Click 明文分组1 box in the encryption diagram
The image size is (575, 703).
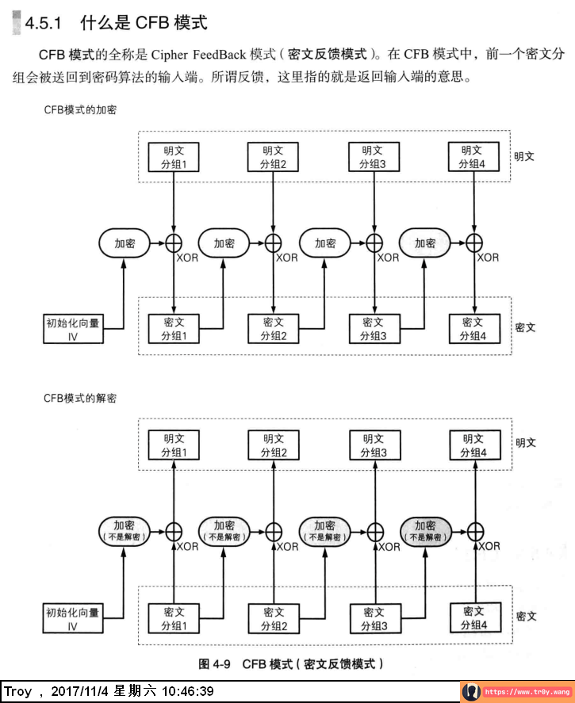pos(173,157)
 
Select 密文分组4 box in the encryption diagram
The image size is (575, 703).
pos(473,329)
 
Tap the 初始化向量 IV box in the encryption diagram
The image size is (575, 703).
pos(72,329)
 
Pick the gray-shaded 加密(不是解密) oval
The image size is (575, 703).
pos(424,530)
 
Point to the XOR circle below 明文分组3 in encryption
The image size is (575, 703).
pos(373,243)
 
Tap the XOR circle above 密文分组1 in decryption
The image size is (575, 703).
pos(173,531)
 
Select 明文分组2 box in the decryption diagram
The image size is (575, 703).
pos(273,445)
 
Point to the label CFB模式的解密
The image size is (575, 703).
pos(80,399)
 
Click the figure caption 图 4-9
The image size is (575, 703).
pos(214,664)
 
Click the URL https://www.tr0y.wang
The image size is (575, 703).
pos(527,692)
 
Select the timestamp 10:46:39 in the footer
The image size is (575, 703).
pos(187,692)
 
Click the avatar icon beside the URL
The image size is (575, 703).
pos(471,692)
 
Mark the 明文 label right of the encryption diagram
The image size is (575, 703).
pos(523,156)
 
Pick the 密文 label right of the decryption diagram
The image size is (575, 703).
pos(526,616)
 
